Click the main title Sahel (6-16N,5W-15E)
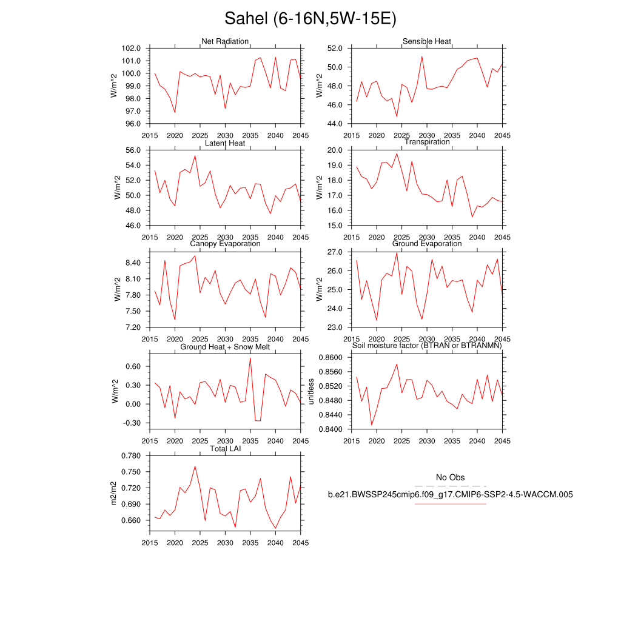[x=310, y=19]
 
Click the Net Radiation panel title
[x=225, y=41]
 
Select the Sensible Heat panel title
[x=427, y=41]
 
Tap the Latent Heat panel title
[x=225, y=143]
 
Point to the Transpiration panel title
[x=427, y=142]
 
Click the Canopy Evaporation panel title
[x=225, y=244]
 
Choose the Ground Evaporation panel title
[x=427, y=244]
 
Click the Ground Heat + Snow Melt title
[x=225, y=347]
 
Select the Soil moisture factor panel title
[x=427, y=346]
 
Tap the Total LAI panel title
[x=225, y=449]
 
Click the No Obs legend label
[x=450, y=478]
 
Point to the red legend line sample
[x=450, y=503]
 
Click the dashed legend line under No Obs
[x=450, y=486]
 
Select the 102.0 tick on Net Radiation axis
[x=131, y=49]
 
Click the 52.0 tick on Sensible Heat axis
[x=334, y=49]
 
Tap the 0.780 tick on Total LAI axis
[x=131, y=455]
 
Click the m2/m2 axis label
[x=113, y=492]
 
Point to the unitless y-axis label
[x=311, y=391]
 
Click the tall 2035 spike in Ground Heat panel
[x=250, y=358]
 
